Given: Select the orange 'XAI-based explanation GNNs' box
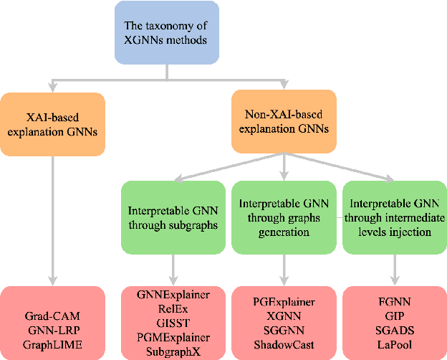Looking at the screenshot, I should [x=54, y=124].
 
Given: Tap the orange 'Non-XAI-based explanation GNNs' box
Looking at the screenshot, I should [x=285, y=124].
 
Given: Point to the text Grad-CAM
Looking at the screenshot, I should [x=54, y=313].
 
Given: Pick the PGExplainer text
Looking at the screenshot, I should [x=285, y=300].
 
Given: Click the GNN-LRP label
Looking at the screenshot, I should [x=54, y=326].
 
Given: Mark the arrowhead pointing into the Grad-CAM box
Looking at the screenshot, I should [x=54, y=280].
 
